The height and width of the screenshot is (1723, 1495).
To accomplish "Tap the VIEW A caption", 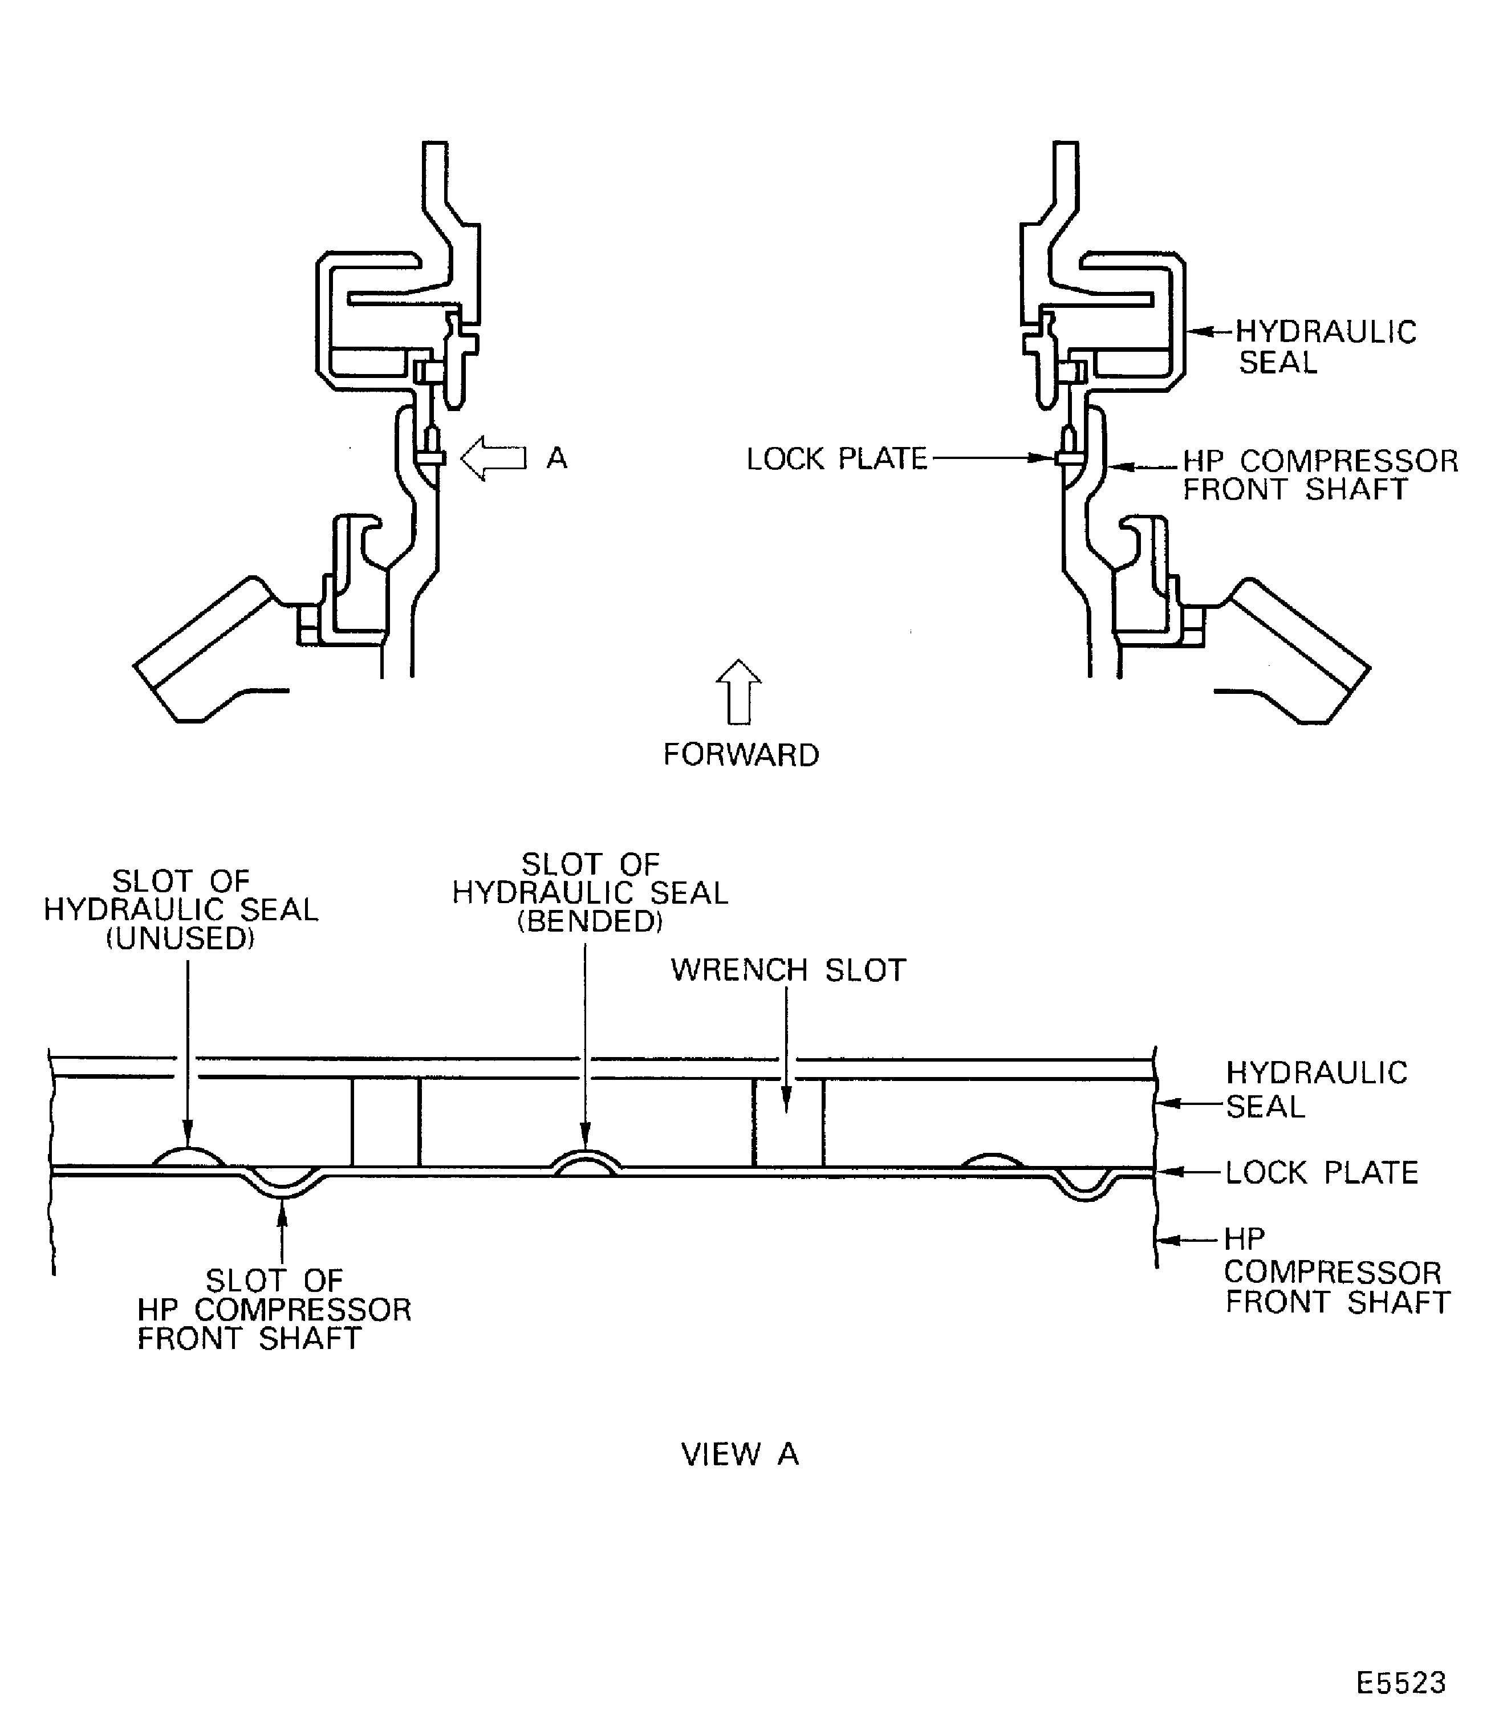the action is (740, 1454).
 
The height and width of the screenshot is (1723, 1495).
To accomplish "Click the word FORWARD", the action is (741, 755).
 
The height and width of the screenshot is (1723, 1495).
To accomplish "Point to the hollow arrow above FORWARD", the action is (738, 691).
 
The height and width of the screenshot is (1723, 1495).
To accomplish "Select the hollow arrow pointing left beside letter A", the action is (493, 458).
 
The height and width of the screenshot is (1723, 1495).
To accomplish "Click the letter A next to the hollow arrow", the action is (556, 458).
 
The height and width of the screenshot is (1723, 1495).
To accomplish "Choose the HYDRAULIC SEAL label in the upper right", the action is (1326, 347).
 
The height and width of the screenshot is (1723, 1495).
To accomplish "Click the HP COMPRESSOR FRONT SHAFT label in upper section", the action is (1321, 475).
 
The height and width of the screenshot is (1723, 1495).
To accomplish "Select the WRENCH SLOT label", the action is (789, 970).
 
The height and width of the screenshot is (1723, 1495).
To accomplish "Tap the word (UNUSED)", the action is (180, 938).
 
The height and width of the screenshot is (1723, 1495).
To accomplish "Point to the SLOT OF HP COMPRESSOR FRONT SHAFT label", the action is (274, 1309).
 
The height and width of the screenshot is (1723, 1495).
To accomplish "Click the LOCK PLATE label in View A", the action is (1322, 1172).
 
